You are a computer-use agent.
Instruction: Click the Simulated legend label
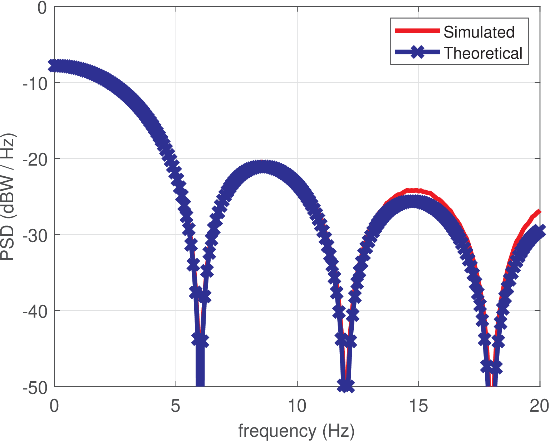pyautogui.click(x=479, y=32)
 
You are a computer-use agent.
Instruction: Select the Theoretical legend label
pyautogui.click(x=483, y=53)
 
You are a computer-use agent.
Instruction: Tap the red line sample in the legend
pyautogui.click(x=417, y=31)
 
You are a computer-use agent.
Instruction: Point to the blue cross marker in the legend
pyautogui.click(x=417, y=52)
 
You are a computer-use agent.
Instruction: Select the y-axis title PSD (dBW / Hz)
pyautogui.click(x=8, y=197)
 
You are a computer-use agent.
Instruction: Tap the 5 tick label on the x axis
pyautogui.click(x=175, y=406)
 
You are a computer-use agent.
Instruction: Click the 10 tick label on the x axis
pyautogui.click(x=297, y=406)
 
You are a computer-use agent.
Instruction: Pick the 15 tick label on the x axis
pyautogui.click(x=418, y=406)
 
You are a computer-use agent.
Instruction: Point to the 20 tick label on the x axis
pyautogui.click(x=539, y=406)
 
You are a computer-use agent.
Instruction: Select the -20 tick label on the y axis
pyautogui.click(x=35, y=159)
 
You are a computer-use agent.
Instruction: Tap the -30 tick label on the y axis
pyautogui.click(x=35, y=235)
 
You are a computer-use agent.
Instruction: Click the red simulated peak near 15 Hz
pyautogui.click(x=411, y=190)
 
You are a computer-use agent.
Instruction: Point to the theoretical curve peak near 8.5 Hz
pyautogui.click(x=263, y=167)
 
